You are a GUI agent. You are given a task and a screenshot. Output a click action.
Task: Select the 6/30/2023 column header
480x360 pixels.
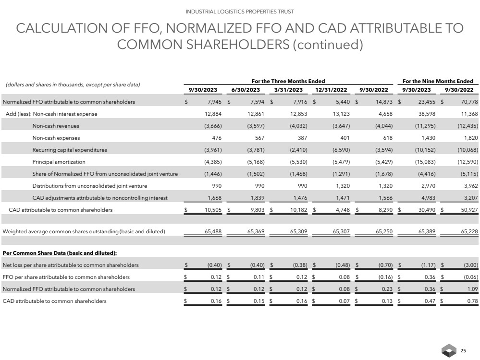(246, 90)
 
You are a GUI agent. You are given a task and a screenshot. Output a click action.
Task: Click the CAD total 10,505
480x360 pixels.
(209, 210)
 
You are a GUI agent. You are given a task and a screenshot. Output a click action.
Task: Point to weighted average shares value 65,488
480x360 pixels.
(209, 232)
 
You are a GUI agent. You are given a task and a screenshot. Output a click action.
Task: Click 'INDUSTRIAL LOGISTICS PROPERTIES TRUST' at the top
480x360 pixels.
(240, 11)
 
